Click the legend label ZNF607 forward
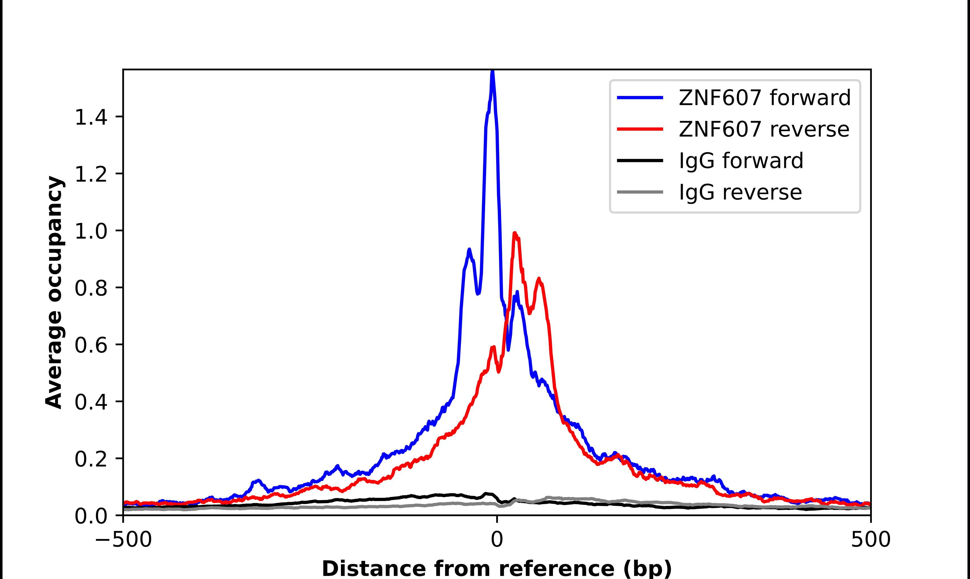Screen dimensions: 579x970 click(764, 98)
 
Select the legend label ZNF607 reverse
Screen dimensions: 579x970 click(764, 129)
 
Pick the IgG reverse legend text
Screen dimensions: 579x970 click(740, 192)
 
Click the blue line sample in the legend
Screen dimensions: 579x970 click(640, 98)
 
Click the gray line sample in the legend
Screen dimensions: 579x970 click(640, 192)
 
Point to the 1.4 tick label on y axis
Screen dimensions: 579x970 click(91, 117)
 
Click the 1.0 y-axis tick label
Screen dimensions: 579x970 click(91, 231)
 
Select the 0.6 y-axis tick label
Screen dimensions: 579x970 click(91, 345)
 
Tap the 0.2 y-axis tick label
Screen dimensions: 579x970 click(91, 459)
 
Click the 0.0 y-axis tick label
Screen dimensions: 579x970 click(91, 516)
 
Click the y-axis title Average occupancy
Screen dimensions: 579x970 click(54, 292)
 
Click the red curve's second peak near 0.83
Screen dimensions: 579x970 click(539, 279)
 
